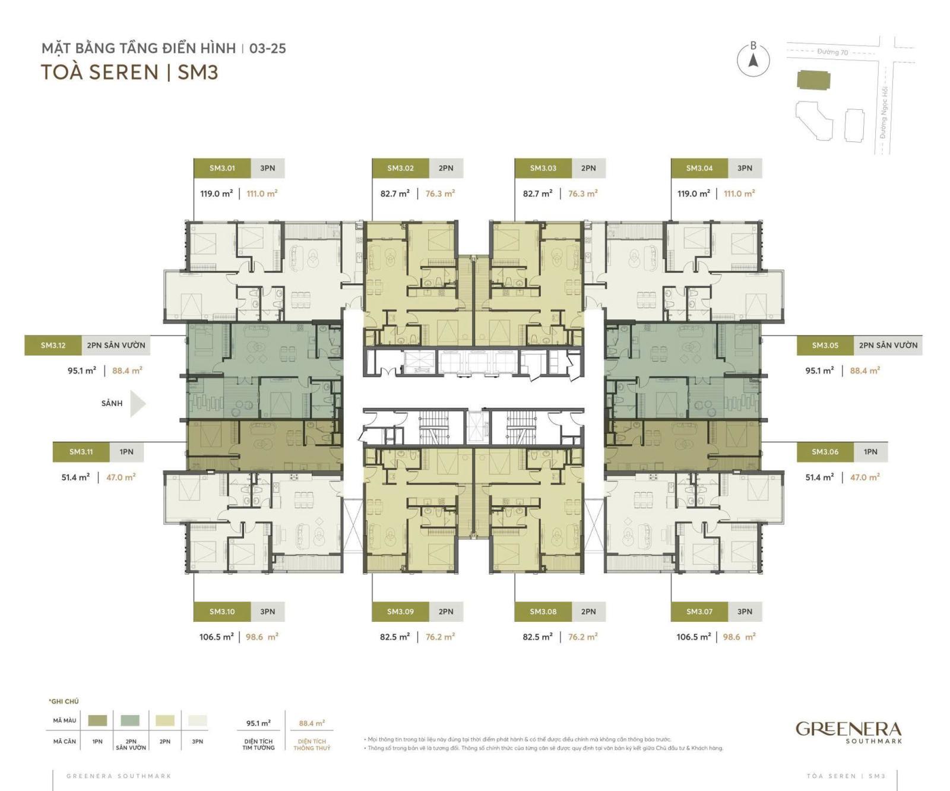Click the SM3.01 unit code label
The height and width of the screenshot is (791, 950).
(x=222, y=168)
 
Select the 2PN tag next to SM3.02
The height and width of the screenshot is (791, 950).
(x=446, y=168)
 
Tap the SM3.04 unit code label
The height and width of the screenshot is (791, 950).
(x=699, y=168)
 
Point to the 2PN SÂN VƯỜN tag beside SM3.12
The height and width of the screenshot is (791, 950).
(x=116, y=345)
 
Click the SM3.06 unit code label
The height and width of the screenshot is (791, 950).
(x=825, y=452)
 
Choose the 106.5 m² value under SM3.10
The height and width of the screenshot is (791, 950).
(x=216, y=637)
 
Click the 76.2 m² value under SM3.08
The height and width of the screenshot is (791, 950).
(x=582, y=637)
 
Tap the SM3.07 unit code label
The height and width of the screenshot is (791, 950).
(x=699, y=612)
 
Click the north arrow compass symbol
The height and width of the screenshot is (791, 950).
(x=753, y=60)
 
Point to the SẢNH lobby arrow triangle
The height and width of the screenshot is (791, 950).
(x=138, y=404)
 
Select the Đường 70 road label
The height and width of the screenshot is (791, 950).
(x=832, y=52)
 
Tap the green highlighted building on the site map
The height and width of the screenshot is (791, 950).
(x=813, y=80)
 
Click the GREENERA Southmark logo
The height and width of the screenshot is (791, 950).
(x=848, y=731)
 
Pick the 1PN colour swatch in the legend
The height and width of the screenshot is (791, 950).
(x=97, y=720)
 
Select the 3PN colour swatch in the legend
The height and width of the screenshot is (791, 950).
(x=198, y=720)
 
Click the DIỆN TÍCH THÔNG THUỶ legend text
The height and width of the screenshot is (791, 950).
(x=312, y=745)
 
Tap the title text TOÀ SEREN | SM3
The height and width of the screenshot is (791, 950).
(x=129, y=72)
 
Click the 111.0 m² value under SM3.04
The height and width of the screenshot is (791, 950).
(x=739, y=194)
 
